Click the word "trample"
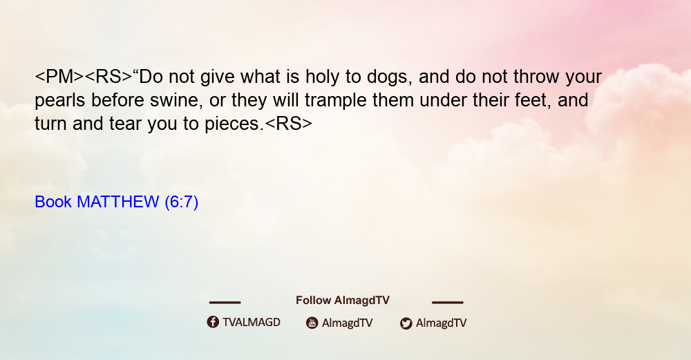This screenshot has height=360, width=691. (336, 101)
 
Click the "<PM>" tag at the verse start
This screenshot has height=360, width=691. (59, 77)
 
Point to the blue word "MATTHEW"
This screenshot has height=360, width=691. (117, 202)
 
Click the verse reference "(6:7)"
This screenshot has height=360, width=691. (181, 202)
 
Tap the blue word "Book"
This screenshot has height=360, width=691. (53, 202)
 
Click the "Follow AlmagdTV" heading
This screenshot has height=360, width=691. (343, 300)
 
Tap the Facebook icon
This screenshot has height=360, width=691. (213, 322)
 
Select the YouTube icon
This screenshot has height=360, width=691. (312, 323)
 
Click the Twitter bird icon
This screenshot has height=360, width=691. (406, 323)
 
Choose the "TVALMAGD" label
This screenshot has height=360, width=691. (252, 322)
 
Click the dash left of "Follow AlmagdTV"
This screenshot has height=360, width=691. (225, 303)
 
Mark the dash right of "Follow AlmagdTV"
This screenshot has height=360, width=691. (448, 303)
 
